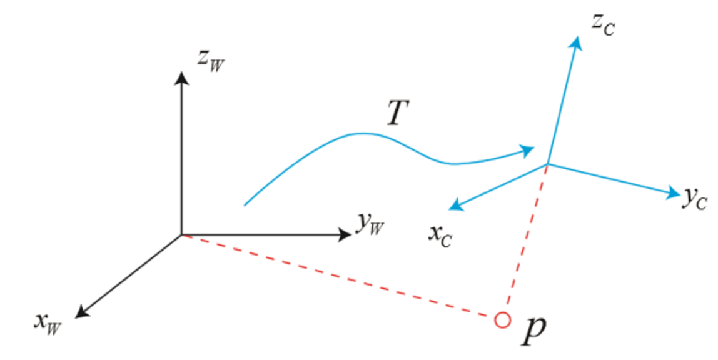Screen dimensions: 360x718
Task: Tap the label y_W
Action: click(369, 225)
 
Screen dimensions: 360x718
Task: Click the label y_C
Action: click(695, 199)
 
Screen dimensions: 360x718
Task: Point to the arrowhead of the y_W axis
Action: click(345, 235)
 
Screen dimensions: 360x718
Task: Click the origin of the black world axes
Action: click(181, 235)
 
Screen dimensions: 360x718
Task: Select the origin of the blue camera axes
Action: click(548, 164)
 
